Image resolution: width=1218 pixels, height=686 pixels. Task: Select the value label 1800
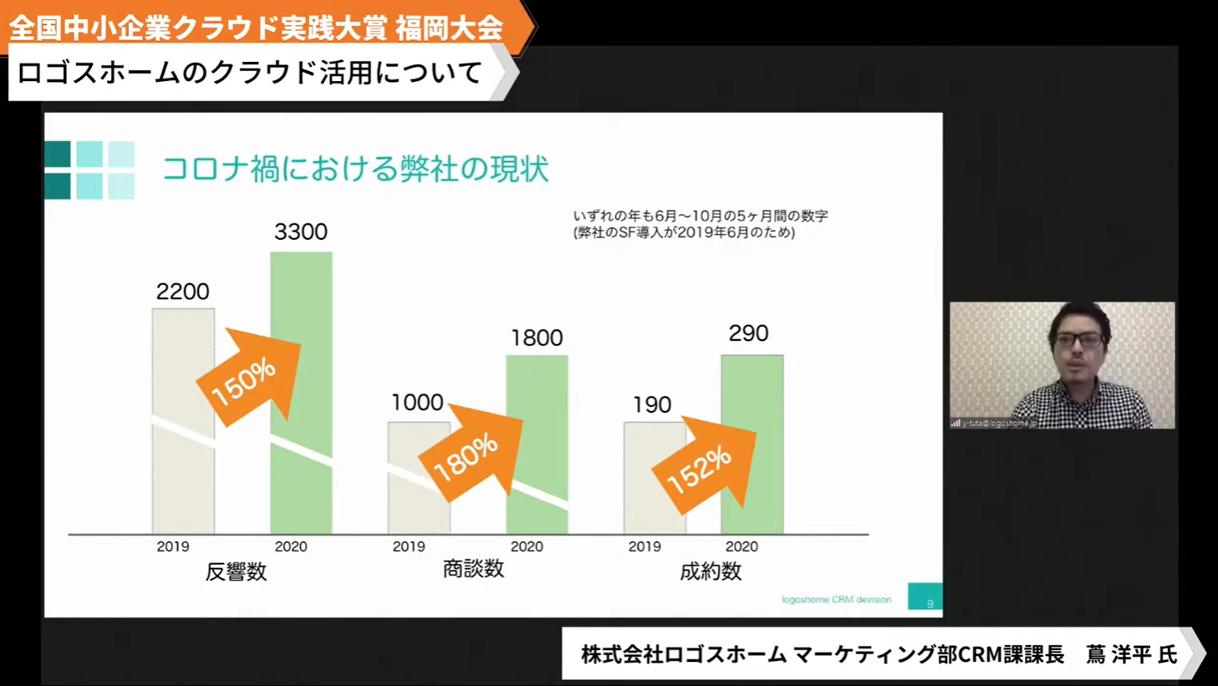click(x=537, y=338)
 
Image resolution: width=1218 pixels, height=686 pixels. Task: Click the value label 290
click(x=748, y=333)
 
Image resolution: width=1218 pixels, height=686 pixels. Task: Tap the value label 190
click(x=652, y=405)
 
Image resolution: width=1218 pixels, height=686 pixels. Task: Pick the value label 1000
click(x=417, y=403)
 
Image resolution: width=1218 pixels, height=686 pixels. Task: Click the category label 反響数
click(x=236, y=572)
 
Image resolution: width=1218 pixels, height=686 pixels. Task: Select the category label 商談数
click(x=473, y=569)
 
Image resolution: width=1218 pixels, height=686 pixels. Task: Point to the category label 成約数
click(x=711, y=572)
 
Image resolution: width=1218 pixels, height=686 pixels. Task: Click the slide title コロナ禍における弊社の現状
click(x=354, y=169)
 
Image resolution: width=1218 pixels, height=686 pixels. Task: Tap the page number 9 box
click(x=925, y=597)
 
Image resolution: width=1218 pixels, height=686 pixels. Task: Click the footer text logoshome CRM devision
click(x=836, y=599)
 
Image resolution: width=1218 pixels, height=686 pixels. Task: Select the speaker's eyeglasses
click(x=1078, y=340)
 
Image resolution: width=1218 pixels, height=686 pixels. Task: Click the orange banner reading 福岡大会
click(x=449, y=28)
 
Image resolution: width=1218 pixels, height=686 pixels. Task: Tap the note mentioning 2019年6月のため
click(x=684, y=233)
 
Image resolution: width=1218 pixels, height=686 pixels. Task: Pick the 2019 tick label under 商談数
click(x=409, y=546)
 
